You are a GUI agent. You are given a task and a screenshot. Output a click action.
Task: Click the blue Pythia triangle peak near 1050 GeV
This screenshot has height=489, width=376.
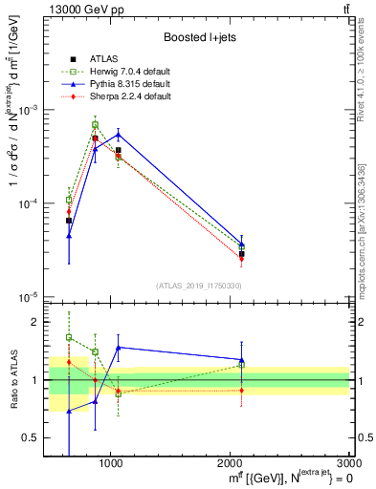(118, 133)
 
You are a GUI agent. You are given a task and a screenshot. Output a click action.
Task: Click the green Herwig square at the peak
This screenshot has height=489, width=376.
(95, 125)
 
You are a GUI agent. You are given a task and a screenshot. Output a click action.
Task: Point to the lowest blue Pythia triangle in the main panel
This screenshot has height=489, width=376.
(69, 236)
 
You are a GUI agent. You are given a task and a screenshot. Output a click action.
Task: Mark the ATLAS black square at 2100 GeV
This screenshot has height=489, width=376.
(242, 254)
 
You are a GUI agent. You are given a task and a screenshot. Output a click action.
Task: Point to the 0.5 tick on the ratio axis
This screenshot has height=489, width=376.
(33, 437)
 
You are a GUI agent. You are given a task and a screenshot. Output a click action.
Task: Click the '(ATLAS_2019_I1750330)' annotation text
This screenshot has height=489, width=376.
(199, 286)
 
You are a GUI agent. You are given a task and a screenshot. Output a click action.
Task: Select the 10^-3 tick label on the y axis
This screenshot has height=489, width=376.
(29, 110)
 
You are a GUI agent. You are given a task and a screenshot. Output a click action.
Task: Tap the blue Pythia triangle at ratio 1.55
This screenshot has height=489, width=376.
(118, 348)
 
